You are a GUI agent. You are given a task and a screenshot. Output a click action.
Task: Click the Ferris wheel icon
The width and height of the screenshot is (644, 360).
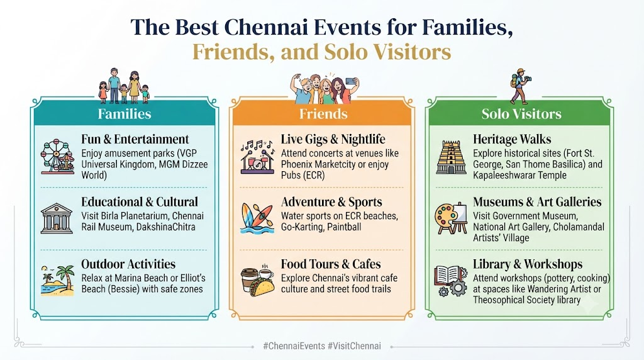click(x=57, y=157)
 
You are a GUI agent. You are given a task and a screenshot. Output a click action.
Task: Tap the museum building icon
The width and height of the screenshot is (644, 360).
click(x=57, y=218)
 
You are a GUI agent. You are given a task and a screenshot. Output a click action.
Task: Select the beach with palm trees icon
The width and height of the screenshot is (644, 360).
click(x=57, y=280)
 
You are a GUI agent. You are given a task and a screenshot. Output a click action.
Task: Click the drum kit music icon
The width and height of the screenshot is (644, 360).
click(x=257, y=157)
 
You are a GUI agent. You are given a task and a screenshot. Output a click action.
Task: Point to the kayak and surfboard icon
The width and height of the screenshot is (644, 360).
click(x=257, y=218)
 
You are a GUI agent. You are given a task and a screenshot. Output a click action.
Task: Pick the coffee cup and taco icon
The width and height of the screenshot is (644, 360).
click(x=257, y=280)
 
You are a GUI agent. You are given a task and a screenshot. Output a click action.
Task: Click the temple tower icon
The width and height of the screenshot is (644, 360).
click(x=451, y=157)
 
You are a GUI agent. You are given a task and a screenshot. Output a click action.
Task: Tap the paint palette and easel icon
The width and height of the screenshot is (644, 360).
click(x=451, y=218)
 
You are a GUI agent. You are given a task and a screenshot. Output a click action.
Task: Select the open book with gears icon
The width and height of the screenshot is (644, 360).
click(x=450, y=281)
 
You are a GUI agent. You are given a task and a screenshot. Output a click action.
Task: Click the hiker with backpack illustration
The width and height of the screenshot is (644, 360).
click(x=519, y=86)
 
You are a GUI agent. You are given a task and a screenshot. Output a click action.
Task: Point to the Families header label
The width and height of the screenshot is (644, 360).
click(x=125, y=114)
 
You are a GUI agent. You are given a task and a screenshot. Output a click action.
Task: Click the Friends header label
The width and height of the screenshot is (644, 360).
click(x=323, y=114)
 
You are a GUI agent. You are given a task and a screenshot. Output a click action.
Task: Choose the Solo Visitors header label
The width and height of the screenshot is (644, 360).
click(x=521, y=114)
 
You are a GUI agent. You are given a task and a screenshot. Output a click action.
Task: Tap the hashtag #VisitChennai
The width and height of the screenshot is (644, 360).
click(x=355, y=346)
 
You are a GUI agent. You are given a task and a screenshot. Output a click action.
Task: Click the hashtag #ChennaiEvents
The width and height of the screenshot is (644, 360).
click(x=294, y=346)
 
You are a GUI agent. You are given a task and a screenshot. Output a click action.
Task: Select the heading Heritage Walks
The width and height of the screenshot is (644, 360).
click(x=512, y=139)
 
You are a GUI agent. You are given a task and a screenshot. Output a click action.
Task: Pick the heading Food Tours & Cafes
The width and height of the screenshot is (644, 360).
click(x=331, y=264)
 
